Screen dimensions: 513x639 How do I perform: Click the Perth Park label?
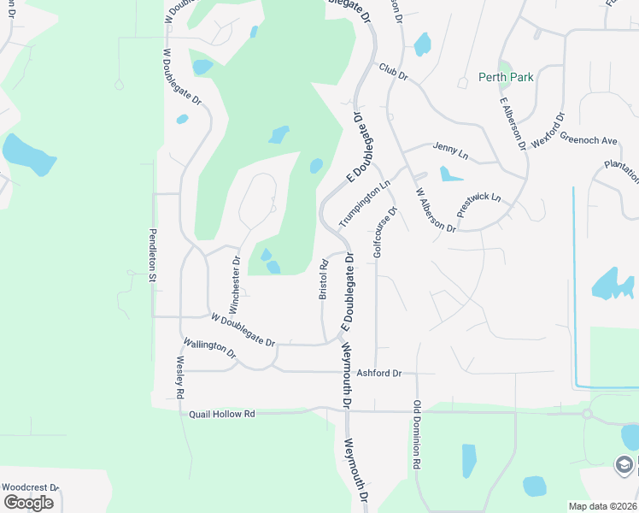click(507, 78)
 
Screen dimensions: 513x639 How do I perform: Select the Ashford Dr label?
click(378, 374)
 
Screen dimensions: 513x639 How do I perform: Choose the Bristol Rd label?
click(324, 280)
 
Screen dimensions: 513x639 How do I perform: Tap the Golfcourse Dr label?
click(384, 233)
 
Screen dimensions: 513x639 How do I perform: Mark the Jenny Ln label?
click(451, 150)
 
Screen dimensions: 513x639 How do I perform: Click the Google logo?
click(28, 503)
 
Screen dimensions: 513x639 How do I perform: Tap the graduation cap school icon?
click(624, 464)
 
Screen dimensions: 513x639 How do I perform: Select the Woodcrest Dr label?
click(30, 487)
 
